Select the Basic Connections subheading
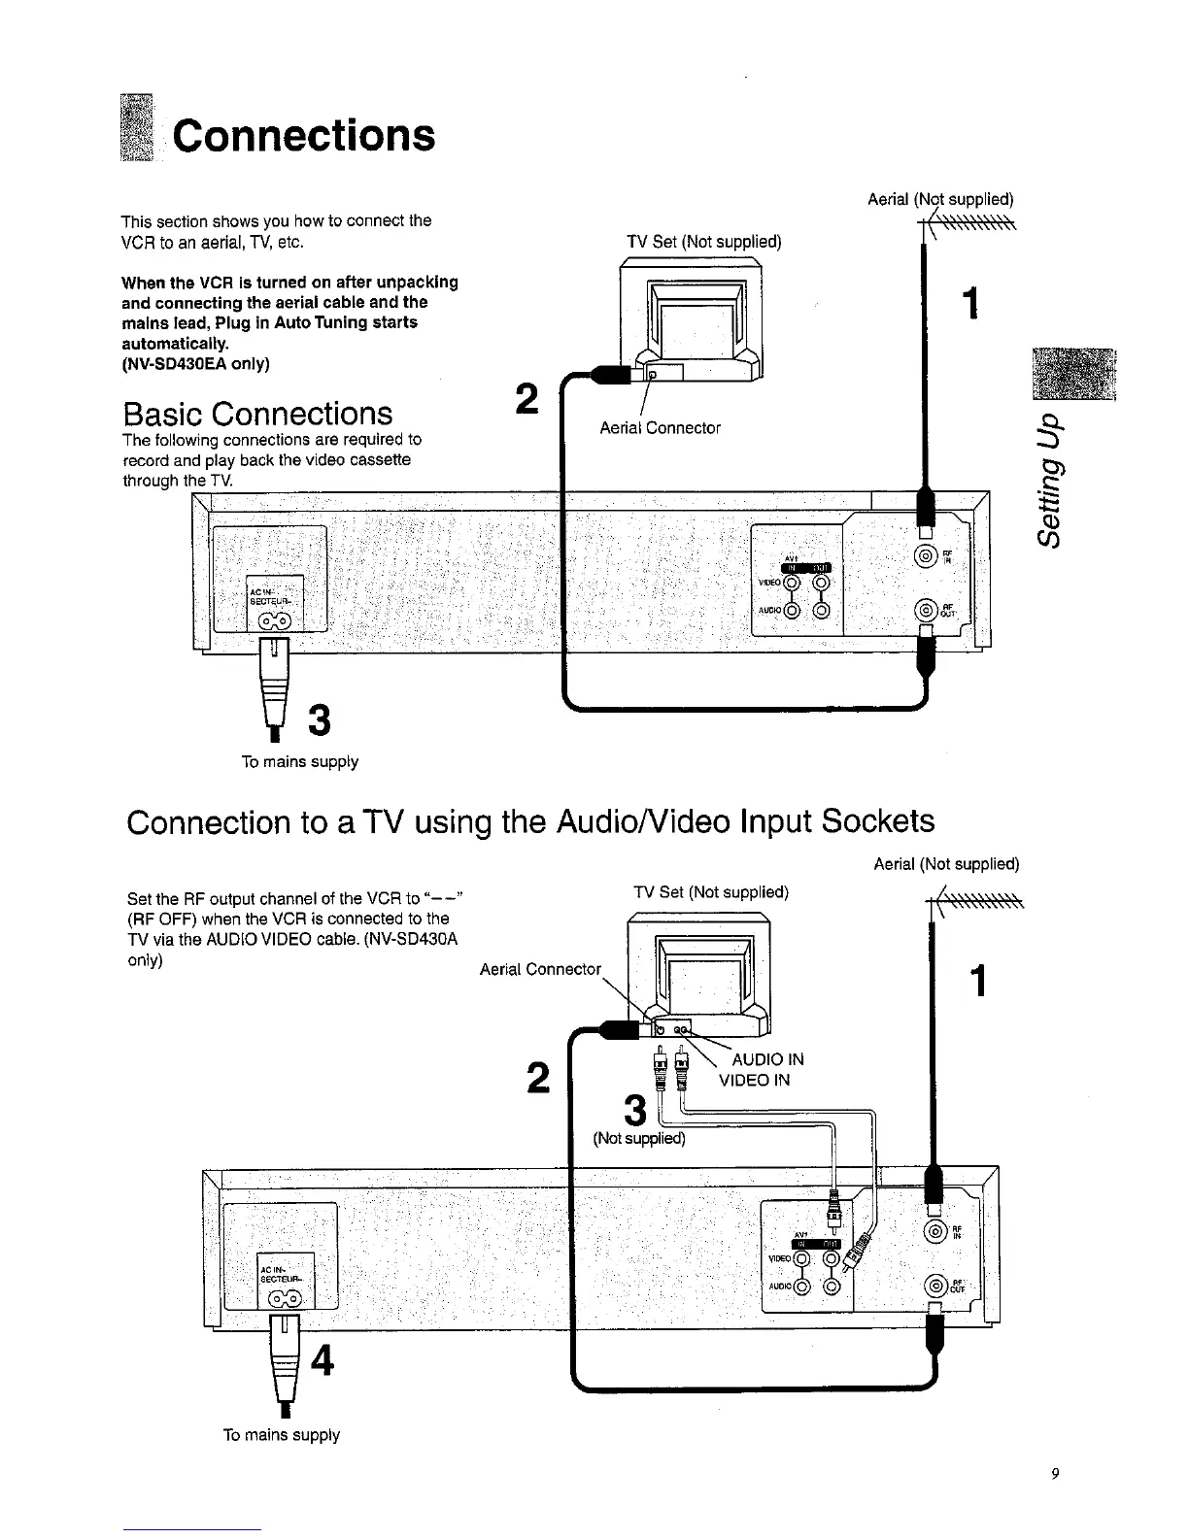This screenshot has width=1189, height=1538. point(257,414)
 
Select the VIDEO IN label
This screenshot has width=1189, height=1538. point(754,1080)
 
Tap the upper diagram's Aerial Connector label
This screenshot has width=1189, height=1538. point(660,428)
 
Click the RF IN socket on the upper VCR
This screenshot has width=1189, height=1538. point(926,556)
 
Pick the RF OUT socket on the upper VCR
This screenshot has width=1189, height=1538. point(926,610)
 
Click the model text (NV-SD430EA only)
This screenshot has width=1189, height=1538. point(195,364)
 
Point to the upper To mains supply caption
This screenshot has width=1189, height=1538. point(299,762)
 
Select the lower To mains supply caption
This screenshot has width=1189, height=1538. point(281,1434)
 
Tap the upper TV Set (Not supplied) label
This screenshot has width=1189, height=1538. point(704,242)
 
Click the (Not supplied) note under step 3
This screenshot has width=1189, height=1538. point(639,1139)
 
